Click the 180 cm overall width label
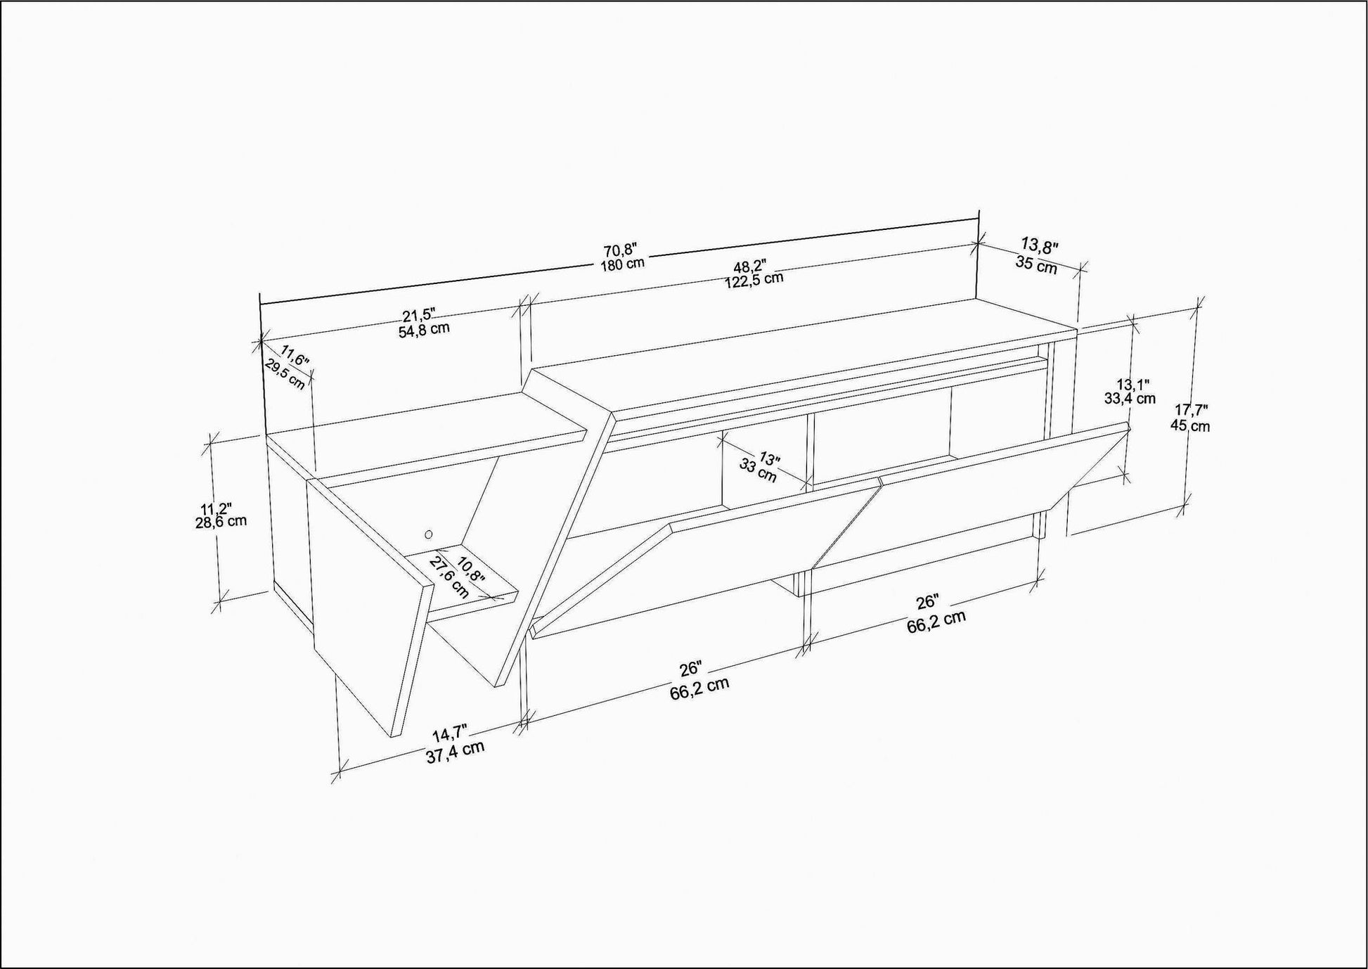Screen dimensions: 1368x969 coord(622,265)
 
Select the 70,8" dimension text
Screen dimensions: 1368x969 coord(620,250)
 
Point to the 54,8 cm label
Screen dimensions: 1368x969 coord(424,329)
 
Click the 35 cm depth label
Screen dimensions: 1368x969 coord(1036,266)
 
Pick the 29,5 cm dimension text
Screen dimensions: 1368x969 coord(285,374)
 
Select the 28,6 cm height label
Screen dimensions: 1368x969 coord(221,522)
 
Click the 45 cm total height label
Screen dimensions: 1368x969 coord(1190,425)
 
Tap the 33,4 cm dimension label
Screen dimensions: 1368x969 coord(1130,398)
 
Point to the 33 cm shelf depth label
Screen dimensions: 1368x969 coord(758,470)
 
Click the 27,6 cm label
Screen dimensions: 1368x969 coord(449,577)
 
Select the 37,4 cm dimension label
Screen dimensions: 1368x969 coord(455,753)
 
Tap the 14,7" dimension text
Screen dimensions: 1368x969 coord(449,733)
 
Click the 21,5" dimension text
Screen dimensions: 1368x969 coord(420,314)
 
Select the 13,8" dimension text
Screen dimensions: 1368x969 coord(1040,245)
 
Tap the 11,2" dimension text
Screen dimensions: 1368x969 coord(216,508)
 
